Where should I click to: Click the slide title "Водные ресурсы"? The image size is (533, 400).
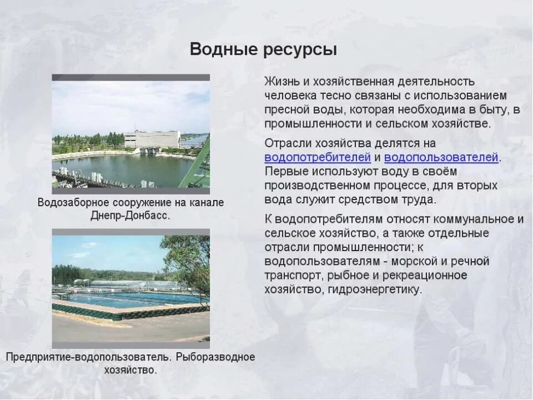pyautogui.click(x=263, y=49)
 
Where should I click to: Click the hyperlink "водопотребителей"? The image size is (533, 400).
pyautogui.click(x=318, y=157)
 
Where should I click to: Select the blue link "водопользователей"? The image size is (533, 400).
pyautogui.click(x=441, y=157)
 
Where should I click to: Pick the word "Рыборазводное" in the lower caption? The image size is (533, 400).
pyautogui.click(x=215, y=357)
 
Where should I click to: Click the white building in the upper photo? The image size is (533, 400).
pyautogui.click(x=152, y=139)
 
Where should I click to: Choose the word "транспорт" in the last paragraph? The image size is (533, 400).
pyautogui.click(x=291, y=276)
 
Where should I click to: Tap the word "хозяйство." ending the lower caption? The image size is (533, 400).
pyautogui.click(x=130, y=370)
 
